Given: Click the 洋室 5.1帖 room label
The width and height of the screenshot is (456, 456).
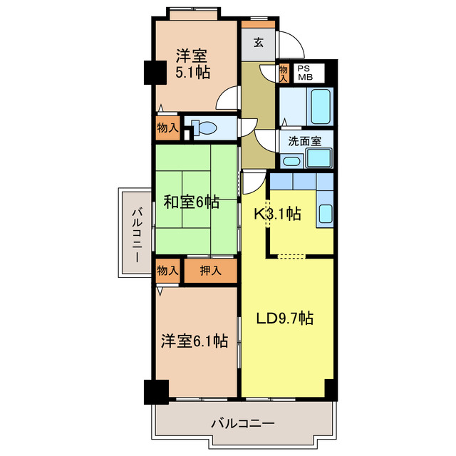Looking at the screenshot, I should pyautogui.click(x=192, y=62).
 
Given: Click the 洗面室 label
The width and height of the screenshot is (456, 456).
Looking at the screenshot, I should pyautogui.click(x=305, y=141).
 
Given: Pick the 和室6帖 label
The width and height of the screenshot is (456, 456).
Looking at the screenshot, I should pyautogui.click(x=191, y=202).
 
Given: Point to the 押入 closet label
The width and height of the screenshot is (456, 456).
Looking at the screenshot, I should pyautogui.click(x=210, y=271).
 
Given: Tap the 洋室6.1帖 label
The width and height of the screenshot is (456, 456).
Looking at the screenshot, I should pyautogui.click(x=193, y=341).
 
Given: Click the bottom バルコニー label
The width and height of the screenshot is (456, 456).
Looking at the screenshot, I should pyautogui.click(x=242, y=424).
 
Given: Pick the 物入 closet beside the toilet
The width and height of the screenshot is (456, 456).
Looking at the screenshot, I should pyautogui.click(x=167, y=128).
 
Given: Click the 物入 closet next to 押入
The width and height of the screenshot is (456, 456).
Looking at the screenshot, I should pyautogui.click(x=167, y=271).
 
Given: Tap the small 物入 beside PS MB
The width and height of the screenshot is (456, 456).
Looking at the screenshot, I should pyautogui.click(x=284, y=72).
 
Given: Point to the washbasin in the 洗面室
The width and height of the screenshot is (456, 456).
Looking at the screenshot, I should pyautogui.click(x=291, y=160).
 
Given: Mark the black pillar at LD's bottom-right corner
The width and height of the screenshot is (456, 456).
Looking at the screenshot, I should pyautogui.click(x=330, y=389).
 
